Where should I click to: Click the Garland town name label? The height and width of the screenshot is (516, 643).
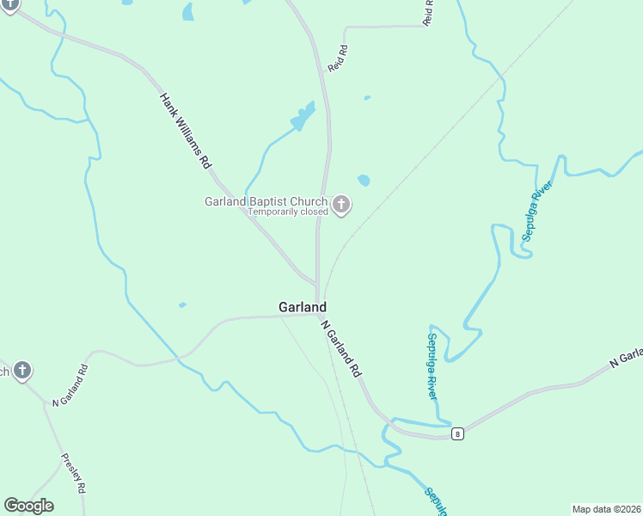coord(302,307)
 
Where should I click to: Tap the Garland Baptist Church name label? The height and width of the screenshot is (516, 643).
coord(266,202)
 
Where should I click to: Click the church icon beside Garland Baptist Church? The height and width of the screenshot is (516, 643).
coord(341,205)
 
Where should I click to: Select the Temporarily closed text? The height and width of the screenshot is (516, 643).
coord(288,212)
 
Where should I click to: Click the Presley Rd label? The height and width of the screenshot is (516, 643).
coord(74,473)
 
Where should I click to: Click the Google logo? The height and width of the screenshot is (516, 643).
coord(28,506)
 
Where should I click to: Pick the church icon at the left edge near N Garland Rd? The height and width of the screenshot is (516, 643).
coord(22,372)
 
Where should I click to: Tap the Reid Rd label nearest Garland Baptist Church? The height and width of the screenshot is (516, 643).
coord(338,58)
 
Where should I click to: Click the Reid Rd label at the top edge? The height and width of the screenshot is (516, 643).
coord(428,12)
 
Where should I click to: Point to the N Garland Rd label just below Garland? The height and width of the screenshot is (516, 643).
coord(341,349)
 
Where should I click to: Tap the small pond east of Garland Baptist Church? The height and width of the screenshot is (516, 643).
coord(364,181)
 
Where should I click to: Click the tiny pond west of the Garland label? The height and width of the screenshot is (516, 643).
coord(182,304)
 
